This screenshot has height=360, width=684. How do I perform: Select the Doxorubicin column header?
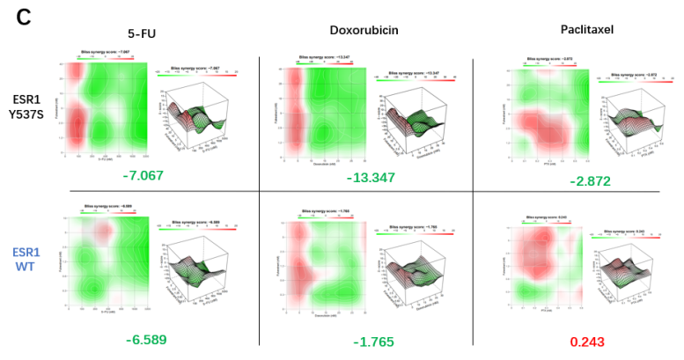[x=364, y=30]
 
